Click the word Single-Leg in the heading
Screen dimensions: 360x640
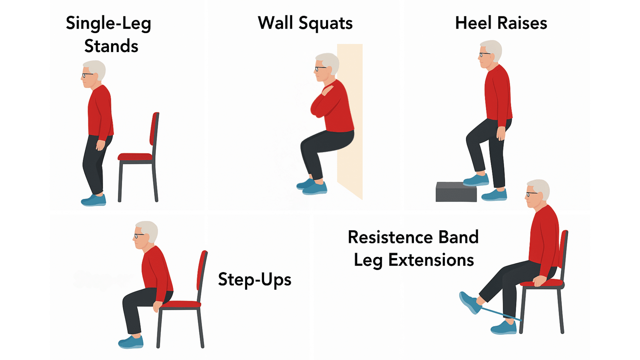108,23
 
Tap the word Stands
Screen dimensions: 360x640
111,46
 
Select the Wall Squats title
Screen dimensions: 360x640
305,23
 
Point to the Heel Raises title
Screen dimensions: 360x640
501,23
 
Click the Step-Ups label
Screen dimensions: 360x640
254,279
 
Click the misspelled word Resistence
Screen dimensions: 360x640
390,237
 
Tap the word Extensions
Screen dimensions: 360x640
431,260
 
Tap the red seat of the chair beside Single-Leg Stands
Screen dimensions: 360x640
135,157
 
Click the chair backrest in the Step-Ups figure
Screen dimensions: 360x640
202,270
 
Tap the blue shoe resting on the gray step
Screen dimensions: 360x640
476,180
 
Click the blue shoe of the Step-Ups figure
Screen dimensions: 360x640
131,342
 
